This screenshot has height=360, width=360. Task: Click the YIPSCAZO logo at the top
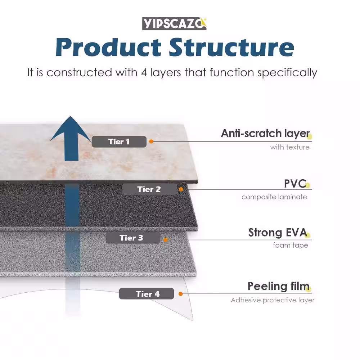[174, 23]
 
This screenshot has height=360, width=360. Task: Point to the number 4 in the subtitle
[144, 73]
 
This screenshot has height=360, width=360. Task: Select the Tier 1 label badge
[119, 141]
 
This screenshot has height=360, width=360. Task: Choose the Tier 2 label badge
[149, 189]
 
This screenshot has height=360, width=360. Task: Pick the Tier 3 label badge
[133, 238]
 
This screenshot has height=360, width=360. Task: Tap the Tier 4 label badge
[147, 294]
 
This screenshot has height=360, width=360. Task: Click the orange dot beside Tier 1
[151, 141]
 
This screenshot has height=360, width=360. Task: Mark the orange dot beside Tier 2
[181, 189]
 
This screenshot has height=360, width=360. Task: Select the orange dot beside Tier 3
[166, 240]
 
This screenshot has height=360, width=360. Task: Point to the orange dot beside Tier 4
[180, 294]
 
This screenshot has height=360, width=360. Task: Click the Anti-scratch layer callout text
[265, 134]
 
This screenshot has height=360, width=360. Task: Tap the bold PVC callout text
[295, 184]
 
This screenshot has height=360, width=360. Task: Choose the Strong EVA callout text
[278, 233]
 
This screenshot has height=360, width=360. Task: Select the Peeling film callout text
[279, 286]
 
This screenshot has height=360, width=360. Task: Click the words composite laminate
[274, 197]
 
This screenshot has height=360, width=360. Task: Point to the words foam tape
[291, 245]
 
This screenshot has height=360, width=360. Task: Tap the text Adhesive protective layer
[273, 300]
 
